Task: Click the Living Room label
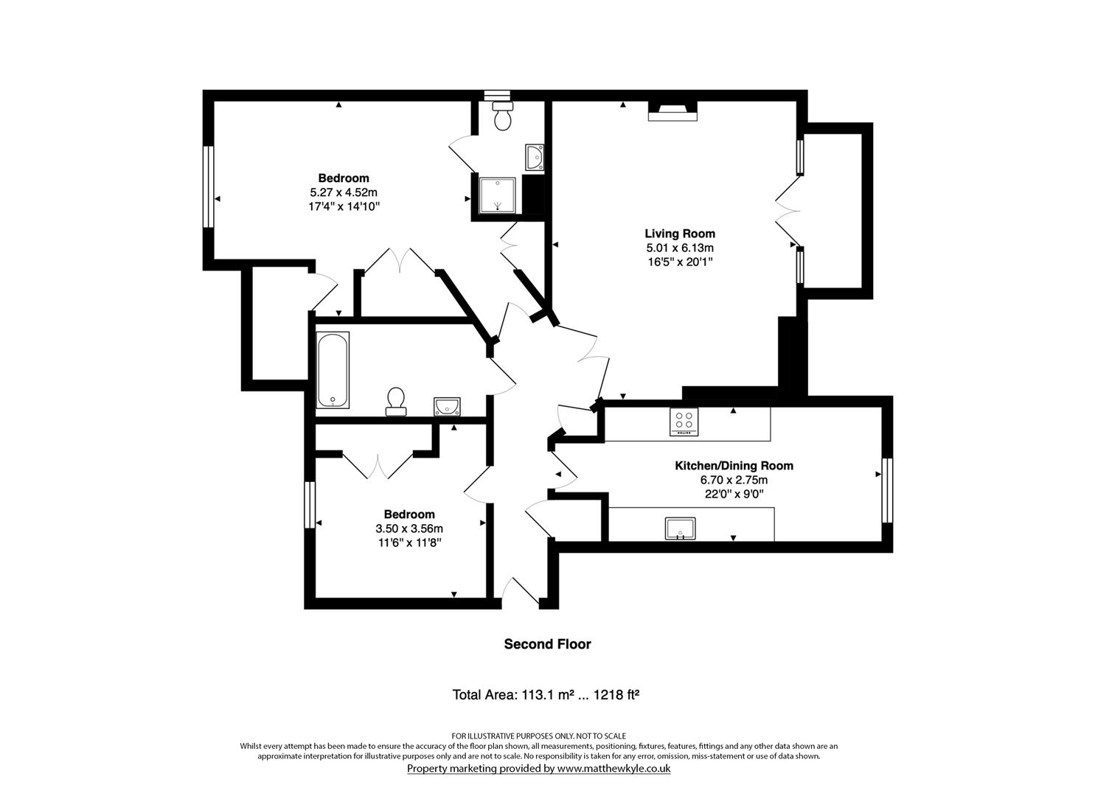point(680,234)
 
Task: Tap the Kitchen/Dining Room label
point(734,466)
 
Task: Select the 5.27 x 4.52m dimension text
point(344,192)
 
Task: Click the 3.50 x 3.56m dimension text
point(409,528)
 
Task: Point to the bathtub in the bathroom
point(333,370)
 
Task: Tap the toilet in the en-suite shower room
point(503,117)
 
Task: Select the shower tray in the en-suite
point(496,194)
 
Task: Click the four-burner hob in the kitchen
point(684,422)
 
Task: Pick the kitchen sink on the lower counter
point(680,528)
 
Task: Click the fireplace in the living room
point(672,111)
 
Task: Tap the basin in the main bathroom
point(447,406)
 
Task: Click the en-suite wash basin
point(535,157)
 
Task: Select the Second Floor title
point(547,644)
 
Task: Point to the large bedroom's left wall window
point(209,186)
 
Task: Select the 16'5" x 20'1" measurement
point(680,262)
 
